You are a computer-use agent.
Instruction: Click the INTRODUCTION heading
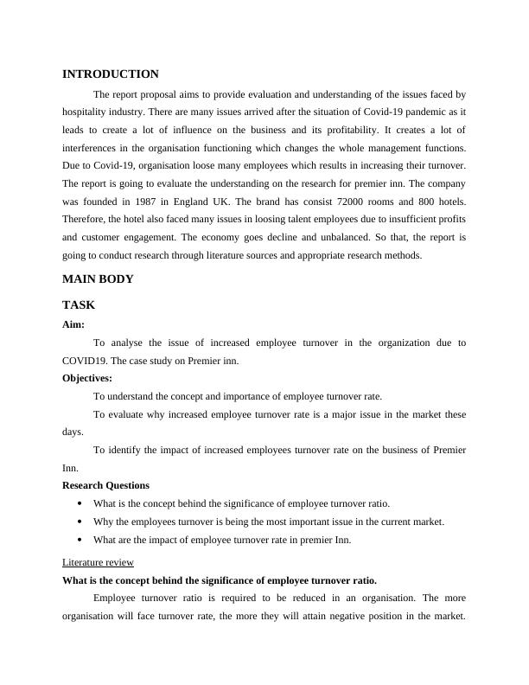point(111,74)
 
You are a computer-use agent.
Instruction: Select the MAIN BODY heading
point(98,279)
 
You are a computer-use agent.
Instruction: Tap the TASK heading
point(79,305)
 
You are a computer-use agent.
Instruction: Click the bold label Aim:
point(73,324)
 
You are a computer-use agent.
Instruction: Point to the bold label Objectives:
point(87,378)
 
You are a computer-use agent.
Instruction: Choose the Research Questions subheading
point(105,485)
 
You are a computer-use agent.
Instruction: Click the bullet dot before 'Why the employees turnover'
point(80,522)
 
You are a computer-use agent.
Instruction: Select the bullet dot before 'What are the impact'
point(80,540)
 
